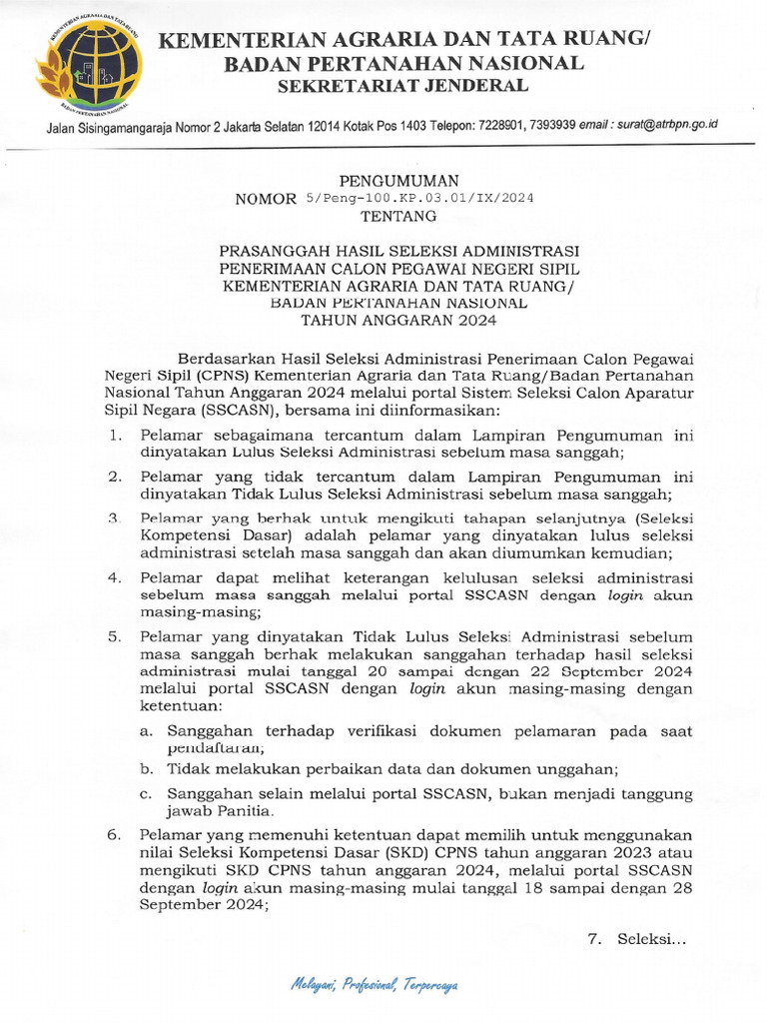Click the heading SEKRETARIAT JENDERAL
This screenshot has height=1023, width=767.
pyautogui.click(x=402, y=86)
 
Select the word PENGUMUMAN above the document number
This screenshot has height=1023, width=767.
pyautogui.click(x=398, y=181)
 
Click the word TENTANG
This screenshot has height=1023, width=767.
pyautogui.click(x=398, y=215)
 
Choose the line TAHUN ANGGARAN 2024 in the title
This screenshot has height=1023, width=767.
pyautogui.click(x=398, y=321)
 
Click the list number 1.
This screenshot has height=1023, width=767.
pyautogui.click(x=115, y=435)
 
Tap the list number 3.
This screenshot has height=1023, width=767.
pyautogui.click(x=115, y=518)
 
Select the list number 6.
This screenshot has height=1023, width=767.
pyautogui.click(x=115, y=833)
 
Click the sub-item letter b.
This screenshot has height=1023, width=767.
pyautogui.click(x=146, y=768)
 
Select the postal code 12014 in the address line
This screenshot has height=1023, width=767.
pyautogui.click(x=330, y=125)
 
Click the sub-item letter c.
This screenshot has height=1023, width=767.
pyautogui.click(x=146, y=794)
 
